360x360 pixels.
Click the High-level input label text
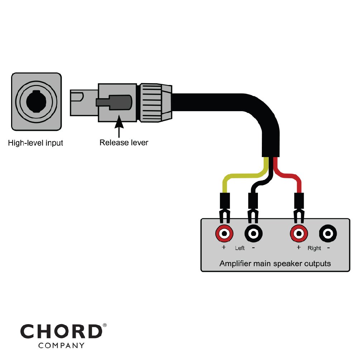(35, 143)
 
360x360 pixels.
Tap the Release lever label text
(124, 142)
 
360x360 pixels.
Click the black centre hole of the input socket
(36, 101)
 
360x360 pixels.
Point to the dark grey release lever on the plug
(114, 102)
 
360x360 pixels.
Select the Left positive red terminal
(224, 233)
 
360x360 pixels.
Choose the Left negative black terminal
(254, 233)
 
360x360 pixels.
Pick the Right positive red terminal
(299, 233)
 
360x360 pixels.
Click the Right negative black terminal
(328, 233)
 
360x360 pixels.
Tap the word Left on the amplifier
(240, 248)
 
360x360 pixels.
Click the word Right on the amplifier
(314, 248)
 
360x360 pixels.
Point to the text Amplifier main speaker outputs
(275, 264)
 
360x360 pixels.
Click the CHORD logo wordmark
(61, 331)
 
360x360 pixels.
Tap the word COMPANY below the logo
(61, 346)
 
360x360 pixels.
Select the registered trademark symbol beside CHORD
(105, 325)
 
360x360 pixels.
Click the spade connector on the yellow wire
(225, 208)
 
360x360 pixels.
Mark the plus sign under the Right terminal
(298, 247)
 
